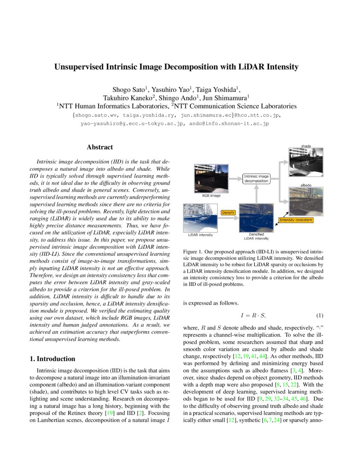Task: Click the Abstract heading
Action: click(x=100, y=147)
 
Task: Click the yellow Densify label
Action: click(x=228, y=212)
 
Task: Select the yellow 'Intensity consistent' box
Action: click(x=296, y=220)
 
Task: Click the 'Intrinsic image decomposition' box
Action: click(x=256, y=178)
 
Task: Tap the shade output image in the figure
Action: click(x=306, y=162)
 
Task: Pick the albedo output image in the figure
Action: click(x=306, y=201)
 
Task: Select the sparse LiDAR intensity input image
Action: click(x=201, y=217)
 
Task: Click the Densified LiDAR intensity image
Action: click(x=256, y=217)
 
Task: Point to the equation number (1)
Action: click(x=319, y=316)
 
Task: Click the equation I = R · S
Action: click(x=253, y=316)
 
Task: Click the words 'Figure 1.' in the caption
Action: click(x=193, y=252)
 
